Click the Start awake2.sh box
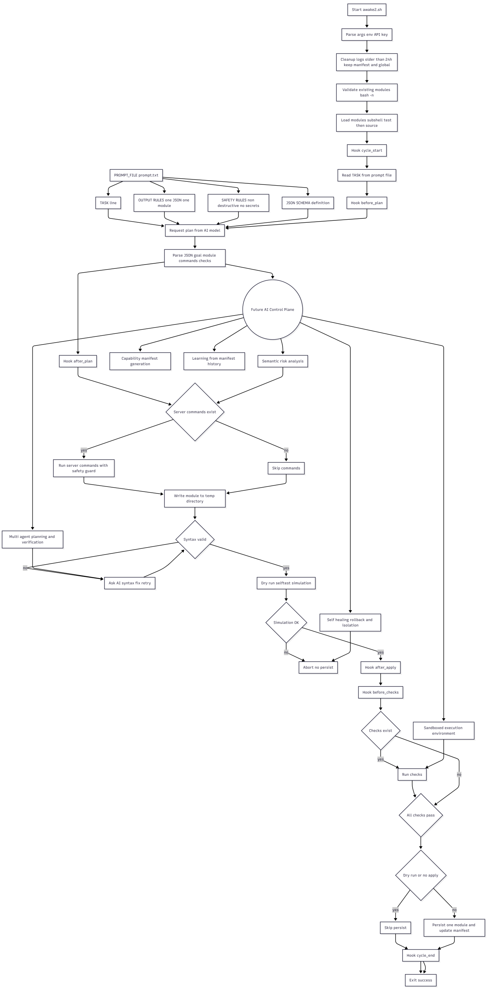(x=367, y=10)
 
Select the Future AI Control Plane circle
(x=273, y=309)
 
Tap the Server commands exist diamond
(x=195, y=412)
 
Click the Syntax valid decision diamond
(x=195, y=539)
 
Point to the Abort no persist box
(x=318, y=667)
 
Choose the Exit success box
(x=420, y=980)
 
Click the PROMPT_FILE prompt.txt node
(x=136, y=175)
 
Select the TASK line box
(x=108, y=203)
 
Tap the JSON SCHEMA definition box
(x=308, y=203)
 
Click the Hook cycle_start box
(x=367, y=150)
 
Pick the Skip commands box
(x=286, y=468)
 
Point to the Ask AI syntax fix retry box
(x=130, y=583)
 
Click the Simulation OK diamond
(x=286, y=622)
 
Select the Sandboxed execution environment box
(x=443, y=731)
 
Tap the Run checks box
(x=412, y=774)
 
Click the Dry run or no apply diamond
(x=421, y=875)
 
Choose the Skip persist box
(x=395, y=927)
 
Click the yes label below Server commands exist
(x=84, y=450)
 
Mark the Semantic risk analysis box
(x=283, y=361)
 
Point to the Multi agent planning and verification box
(x=33, y=539)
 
